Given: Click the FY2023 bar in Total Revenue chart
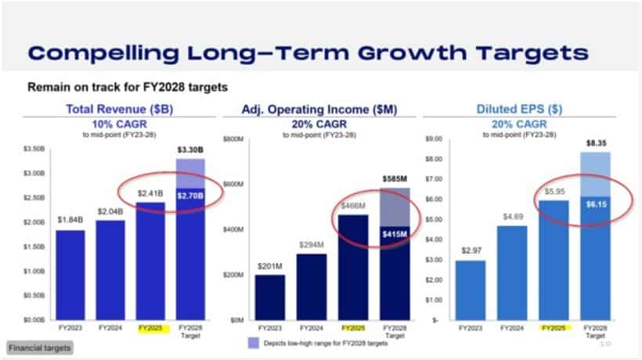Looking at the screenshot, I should click(x=70, y=274).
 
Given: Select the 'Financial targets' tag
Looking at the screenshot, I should click(x=37, y=347).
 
